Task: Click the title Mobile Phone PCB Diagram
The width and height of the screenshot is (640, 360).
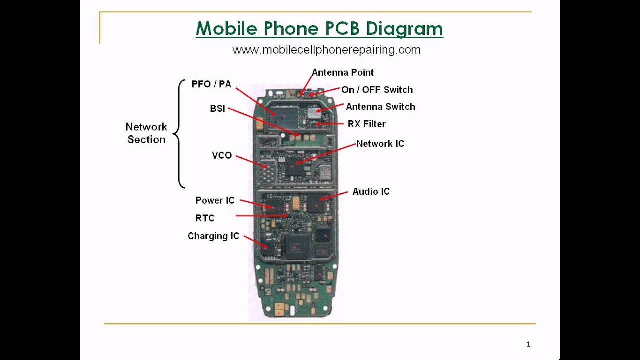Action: tap(319, 29)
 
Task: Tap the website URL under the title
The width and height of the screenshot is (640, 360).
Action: tap(326, 50)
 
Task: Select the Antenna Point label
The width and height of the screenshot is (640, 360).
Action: tap(343, 72)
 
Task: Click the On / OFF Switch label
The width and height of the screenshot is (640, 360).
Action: tap(377, 90)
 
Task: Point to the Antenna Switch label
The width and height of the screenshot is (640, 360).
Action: tap(380, 107)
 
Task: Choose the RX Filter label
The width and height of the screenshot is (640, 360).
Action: tap(366, 124)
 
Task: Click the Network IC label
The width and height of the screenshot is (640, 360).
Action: tap(380, 144)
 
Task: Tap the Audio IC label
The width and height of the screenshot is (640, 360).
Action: tap(371, 191)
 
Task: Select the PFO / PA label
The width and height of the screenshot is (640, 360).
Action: tap(211, 84)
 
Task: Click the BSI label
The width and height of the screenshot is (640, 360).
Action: tap(217, 108)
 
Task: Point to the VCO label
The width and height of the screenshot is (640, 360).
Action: tap(222, 155)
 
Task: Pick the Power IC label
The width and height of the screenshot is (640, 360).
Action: tap(215, 200)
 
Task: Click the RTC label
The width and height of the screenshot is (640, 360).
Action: tap(205, 218)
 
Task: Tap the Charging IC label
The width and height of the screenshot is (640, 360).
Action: tap(213, 236)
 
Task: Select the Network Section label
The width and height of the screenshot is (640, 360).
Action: tap(146, 133)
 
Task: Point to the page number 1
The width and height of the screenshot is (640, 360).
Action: tap(528, 344)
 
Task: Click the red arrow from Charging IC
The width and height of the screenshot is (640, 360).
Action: tap(255, 242)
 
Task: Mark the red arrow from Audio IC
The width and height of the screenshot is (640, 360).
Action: tap(334, 195)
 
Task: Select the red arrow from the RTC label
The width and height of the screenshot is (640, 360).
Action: tap(261, 216)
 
